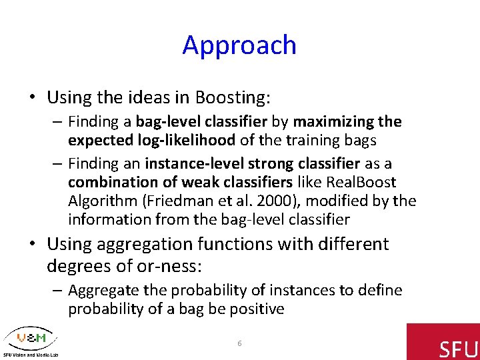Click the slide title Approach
(239, 45)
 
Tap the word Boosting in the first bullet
(233, 97)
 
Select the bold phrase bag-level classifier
(201, 121)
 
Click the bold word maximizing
(333, 122)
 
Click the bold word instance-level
(194, 163)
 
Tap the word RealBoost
(361, 182)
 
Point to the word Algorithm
(103, 201)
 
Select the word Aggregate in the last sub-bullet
(103, 291)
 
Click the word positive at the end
(257, 309)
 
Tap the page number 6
(239, 343)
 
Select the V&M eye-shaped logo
(31, 338)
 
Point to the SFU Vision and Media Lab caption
(31, 355)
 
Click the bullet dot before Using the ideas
(33, 97)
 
